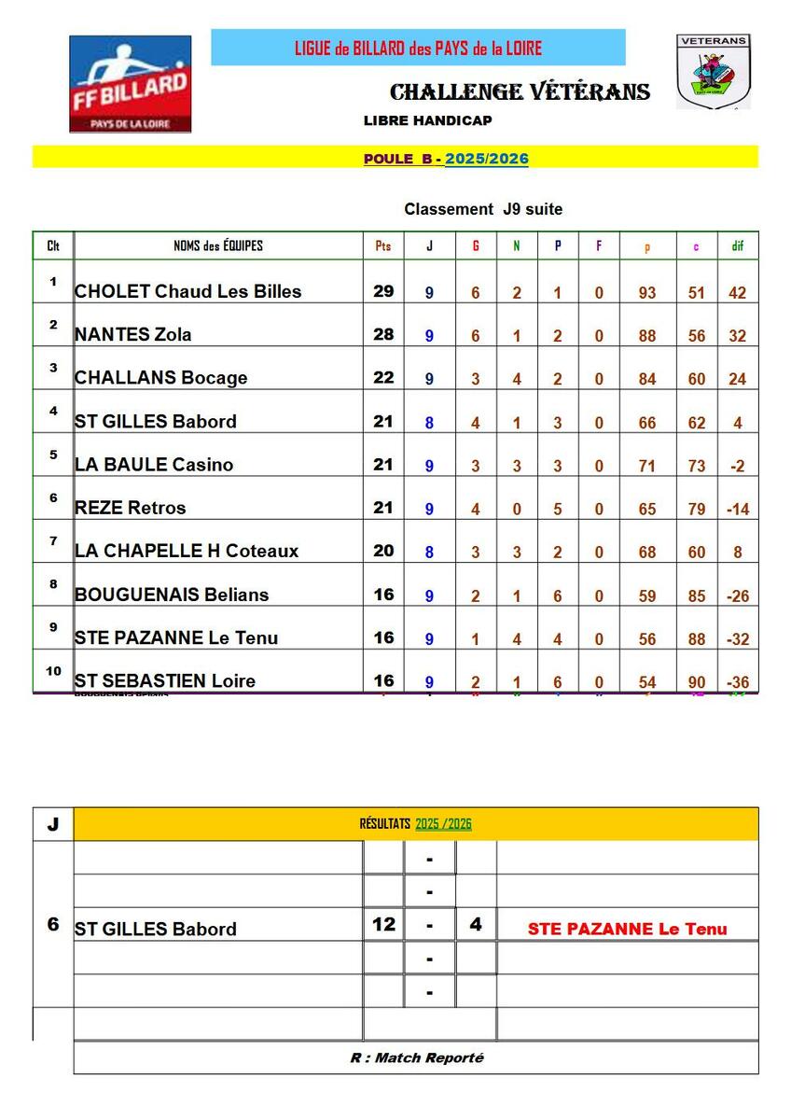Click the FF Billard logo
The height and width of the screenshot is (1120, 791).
coord(130,84)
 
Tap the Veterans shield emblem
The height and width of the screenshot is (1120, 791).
coord(713,72)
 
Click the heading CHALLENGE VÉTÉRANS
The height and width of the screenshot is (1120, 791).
coord(520,91)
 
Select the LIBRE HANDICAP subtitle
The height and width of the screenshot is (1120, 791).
coord(428,120)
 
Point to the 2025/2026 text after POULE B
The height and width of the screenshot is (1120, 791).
coord(487,159)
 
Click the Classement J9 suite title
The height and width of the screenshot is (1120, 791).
coord(483,209)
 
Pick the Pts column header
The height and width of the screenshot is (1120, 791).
coord(383,246)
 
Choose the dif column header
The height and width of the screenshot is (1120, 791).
coord(737,246)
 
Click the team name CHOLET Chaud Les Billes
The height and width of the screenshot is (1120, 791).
coord(188,291)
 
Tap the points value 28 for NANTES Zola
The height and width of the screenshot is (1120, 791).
coord(383,334)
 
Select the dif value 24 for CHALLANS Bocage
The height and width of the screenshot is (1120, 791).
coord(737,379)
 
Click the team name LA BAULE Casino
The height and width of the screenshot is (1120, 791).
coord(154,464)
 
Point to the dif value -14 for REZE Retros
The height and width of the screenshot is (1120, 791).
coord(737,510)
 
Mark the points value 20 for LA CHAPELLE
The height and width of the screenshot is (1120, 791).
coord(383,551)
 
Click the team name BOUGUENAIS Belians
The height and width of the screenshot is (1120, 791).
coord(172,595)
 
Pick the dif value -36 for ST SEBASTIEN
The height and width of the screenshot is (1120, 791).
coord(737,682)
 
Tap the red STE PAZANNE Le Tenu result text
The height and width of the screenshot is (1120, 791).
coord(628,929)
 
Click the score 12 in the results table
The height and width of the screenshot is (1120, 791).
coord(383,925)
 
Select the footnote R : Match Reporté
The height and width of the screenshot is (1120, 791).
coord(417,1057)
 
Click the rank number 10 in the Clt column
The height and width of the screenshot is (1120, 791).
coord(53,671)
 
